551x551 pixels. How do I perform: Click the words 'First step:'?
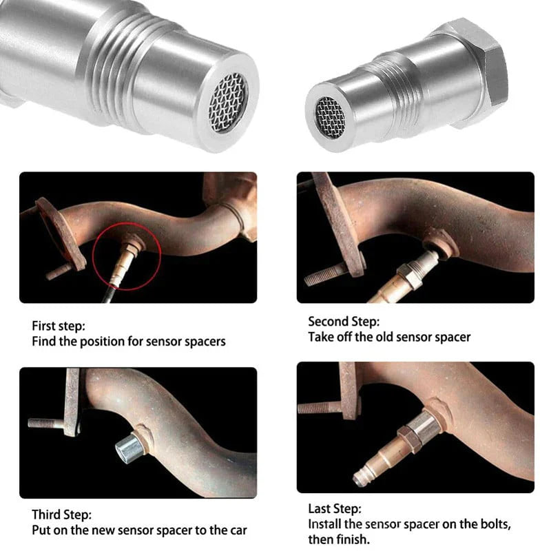(x=59, y=325)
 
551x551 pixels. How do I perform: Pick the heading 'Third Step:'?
(x=61, y=514)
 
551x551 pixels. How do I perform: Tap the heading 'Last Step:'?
(x=334, y=509)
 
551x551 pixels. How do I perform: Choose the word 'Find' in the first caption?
(x=44, y=342)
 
